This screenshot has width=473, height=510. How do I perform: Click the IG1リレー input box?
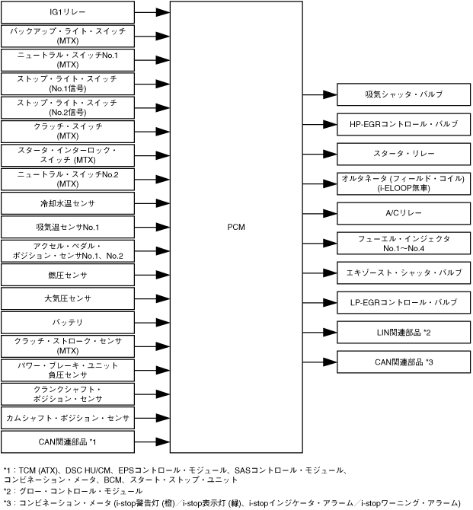(x=67, y=13)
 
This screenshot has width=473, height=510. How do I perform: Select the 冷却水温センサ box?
(x=67, y=203)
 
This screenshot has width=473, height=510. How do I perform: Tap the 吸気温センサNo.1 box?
(x=67, y=227)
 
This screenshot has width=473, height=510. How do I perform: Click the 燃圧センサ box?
(x=67, y=274)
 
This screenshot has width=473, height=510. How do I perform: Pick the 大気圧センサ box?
(x=67, y=298)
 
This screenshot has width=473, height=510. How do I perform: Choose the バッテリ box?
(x=67, y=322)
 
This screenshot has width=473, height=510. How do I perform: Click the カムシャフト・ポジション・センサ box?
(x=67, y=418)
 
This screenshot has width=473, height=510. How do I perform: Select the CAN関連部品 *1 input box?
(x=67, y=441)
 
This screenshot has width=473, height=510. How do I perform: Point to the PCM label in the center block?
(x=236, y=227)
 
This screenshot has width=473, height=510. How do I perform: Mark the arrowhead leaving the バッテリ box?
(x=161, y=322)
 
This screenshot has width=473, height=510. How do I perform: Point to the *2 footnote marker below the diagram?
(x=8, y=491)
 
